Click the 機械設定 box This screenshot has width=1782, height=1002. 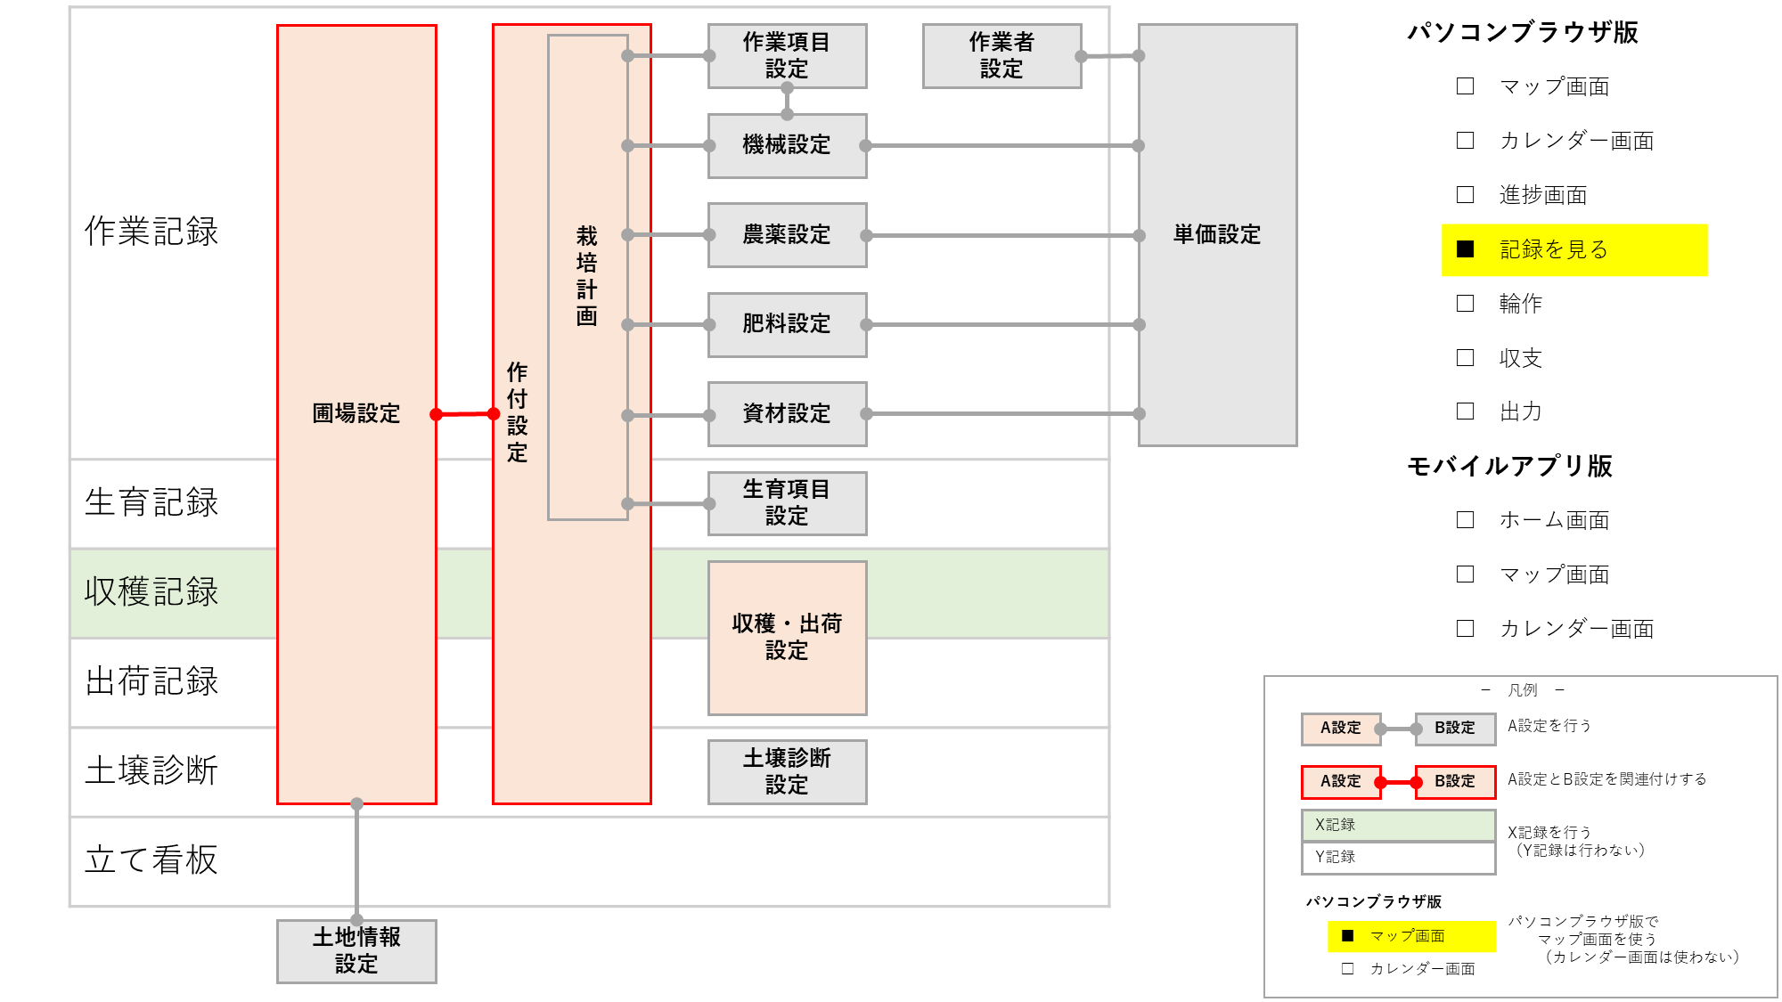787,145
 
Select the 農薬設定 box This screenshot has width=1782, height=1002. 787,235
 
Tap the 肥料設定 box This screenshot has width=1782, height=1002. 787,324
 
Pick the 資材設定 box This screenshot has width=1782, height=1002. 787,414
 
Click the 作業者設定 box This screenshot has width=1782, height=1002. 1001,55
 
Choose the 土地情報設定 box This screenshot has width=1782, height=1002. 356,950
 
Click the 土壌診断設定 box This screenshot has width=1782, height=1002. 787,771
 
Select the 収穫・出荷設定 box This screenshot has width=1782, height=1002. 787,637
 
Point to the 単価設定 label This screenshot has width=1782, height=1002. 1217,234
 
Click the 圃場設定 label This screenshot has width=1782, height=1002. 356,413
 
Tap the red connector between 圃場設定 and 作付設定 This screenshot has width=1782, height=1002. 464,414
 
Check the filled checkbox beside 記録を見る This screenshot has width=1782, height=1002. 1465,249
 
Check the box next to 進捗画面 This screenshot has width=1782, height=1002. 1465,195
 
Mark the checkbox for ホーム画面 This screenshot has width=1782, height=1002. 1465,520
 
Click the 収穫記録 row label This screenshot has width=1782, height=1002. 151,592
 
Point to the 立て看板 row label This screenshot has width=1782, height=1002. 151,860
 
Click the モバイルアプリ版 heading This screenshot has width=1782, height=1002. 1509,466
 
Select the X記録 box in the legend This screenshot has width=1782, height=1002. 1397,825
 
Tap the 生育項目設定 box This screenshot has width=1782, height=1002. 787,503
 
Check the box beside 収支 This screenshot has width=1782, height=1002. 1465,358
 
